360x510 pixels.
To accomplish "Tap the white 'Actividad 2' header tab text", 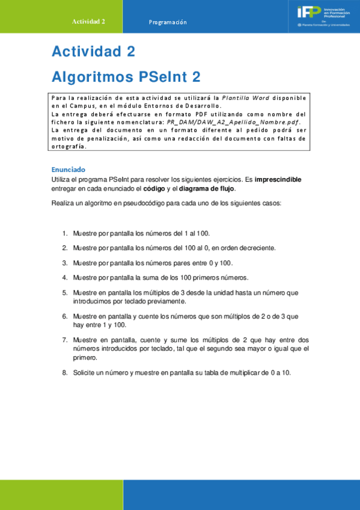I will [x=88, y=21].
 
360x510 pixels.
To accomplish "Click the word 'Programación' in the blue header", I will [x=168, y=22].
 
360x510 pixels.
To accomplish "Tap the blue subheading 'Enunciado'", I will [x=68, y=170].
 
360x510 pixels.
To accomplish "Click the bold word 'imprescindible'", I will [x=278, y=179].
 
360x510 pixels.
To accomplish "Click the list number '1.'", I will [x=65, y=233].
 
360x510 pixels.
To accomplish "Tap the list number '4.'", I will [x=65, y=277].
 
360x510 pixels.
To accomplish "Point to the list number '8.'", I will [x=65, y=373].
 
